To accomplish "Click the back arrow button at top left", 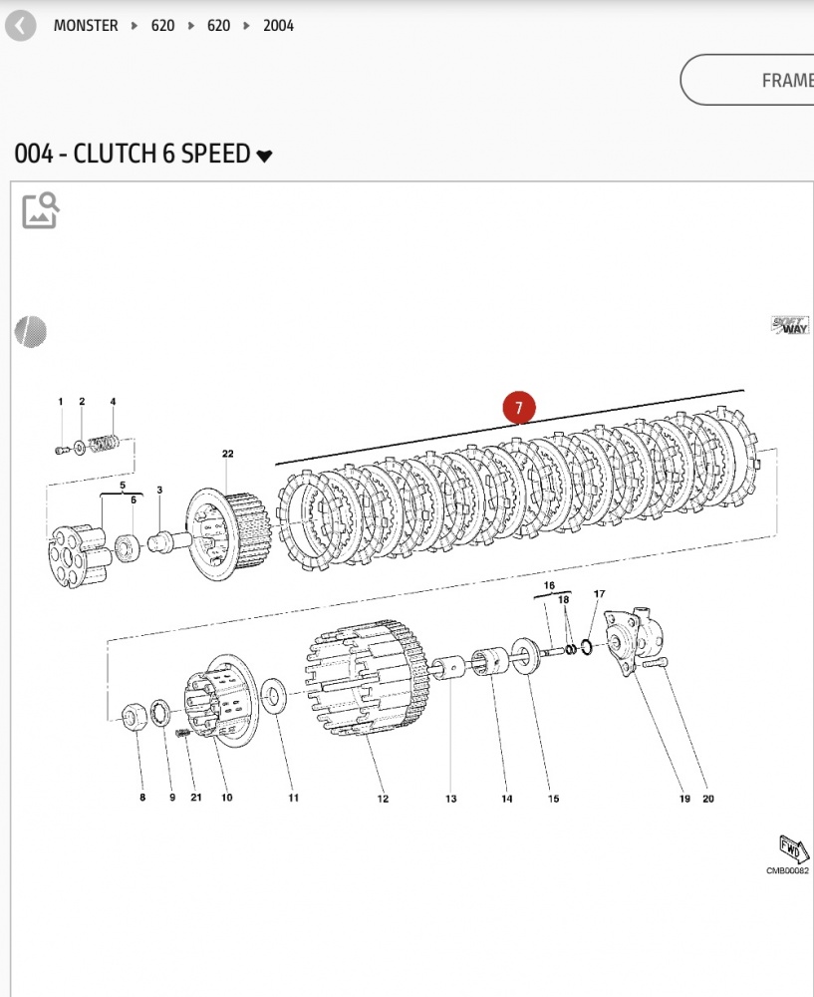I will pyautogui.click(x=20, y=26).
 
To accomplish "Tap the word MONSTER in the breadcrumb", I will pyautogui.click(x=86, y=26).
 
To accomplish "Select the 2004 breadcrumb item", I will pyautogui.click(x=278, y=26).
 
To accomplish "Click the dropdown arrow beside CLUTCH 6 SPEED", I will pyautogui.click(x=264, y=156).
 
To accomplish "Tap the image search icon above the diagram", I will pyautogui.click(x=41, y=210).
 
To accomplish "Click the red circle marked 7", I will pyautogui.click(x=518, y=407).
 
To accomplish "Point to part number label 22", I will pyautogui.click(x=228, y=455).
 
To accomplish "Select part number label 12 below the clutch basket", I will pyautogui.click(x=383, y=799).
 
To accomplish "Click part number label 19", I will pyautogui.click(x=684, y=798).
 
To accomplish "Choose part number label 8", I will pyautogui.click(x=141, y=798).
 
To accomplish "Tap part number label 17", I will pyautogui.click(x=599, y=594).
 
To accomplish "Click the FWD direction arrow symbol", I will pyautogui.click(x=794, y=848).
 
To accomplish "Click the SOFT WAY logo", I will pyautogui.click(x=790, y=325).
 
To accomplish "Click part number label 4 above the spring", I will pyautogui.click(x=113, y=402).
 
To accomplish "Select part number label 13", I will pyautogui.click(x=451, y=799).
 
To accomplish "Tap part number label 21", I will pyautogui.click(x=196, y=798).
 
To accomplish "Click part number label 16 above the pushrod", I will pyautogui.click(x=549, y=585).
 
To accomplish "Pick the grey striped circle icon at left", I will pyautogui.click(x=30, y=331).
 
